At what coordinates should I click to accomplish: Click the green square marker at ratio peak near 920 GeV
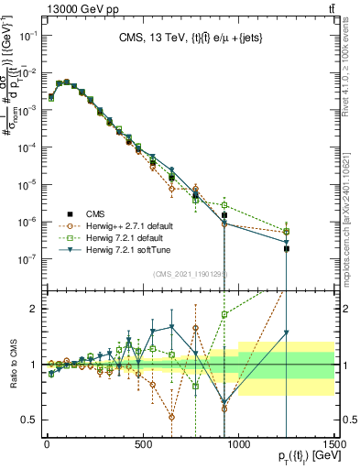(x=224, y=315)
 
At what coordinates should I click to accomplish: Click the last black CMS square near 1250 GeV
(x=287, y=248)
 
